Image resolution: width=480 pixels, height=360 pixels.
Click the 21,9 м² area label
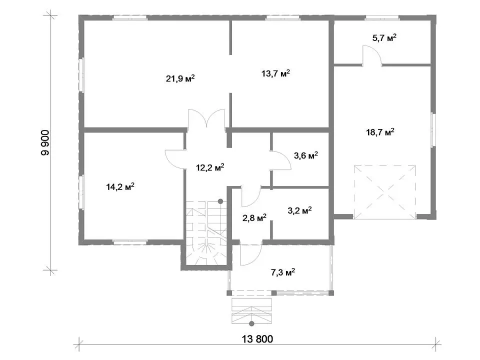[180, 78]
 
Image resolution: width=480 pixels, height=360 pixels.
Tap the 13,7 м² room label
[275, 73]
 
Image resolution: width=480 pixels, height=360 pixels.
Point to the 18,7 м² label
[380, 132]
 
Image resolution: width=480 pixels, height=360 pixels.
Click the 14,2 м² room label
[120, 186]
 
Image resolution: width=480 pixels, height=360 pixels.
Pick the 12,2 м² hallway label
[210, 167]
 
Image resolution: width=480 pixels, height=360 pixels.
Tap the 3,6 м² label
[306, 155]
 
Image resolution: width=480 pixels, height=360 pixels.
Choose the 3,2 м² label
[299, 210]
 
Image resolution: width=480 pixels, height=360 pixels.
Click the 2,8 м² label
[254, 217]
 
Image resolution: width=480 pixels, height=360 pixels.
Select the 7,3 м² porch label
[283, 272]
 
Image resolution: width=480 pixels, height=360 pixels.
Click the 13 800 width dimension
[257, 339]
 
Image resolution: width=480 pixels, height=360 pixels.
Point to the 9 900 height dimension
[45, 142]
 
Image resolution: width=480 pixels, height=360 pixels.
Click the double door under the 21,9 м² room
[206, 118]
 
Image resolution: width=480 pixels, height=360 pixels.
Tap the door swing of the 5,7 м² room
[372, 55]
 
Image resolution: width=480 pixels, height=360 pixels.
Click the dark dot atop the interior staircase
[220, 201]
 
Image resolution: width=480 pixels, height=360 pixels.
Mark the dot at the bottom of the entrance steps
[251, 323]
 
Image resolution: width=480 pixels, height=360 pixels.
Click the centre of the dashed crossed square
[385, 192]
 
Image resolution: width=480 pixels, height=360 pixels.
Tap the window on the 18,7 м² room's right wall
[433, 130]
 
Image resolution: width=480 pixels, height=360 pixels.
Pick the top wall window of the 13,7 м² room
[282, 18]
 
